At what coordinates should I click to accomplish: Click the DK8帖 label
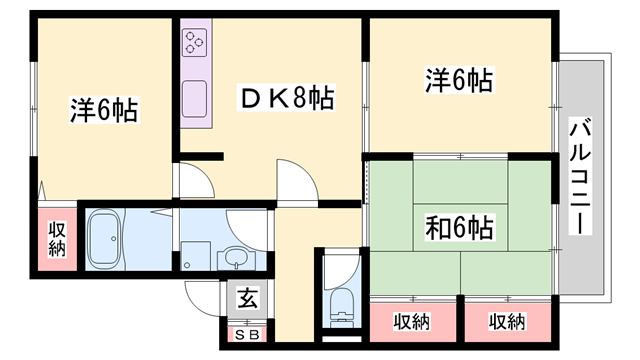pyautogui.click(x=286, y=98)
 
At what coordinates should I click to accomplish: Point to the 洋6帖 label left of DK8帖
pyautogui.click(x=104, y=108)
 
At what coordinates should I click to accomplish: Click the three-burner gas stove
pyautogui.click(x=194, y=43)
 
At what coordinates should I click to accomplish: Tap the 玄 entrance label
pyautogui.click(x=244, y=296)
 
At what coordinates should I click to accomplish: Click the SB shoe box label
pyautogui.click(x=245, y=335)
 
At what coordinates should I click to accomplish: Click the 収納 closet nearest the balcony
pyautogui.click(x=507, y=322)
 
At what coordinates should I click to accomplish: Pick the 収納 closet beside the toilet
pyautogui.click(x=410, y=322)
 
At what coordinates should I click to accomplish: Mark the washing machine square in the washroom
pyautogui.click(x=196, y=253)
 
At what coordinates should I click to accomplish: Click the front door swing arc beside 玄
pyautogui.click(x=200, y=297)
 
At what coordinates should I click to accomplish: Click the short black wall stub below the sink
pyautogui.click(x=201, y=155)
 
